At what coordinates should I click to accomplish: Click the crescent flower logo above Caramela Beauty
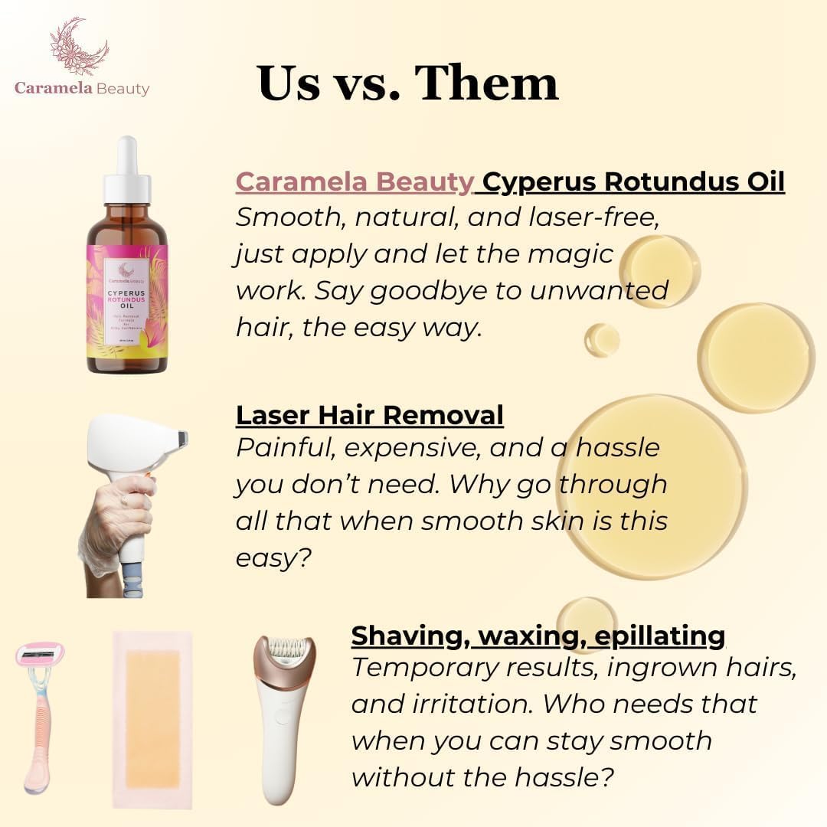pyautogui.click(x=80, y=47)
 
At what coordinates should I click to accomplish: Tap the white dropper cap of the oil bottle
pyautogui.click(x=127, y=173)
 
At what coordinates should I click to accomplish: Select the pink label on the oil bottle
pyautogui.click(x=127, y=302)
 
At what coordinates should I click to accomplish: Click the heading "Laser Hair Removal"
pyautogui.click(x=369, y=415)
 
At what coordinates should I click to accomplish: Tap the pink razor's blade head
pyautogui.click(x=40, y=654)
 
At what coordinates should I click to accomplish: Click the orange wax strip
pyautogui.click(x=152, y=718)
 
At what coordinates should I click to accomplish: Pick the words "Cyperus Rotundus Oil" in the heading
pyautogui.click(x=634, y=182)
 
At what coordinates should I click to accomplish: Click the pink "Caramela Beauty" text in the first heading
pyautogui.click(x=355, y=182)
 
